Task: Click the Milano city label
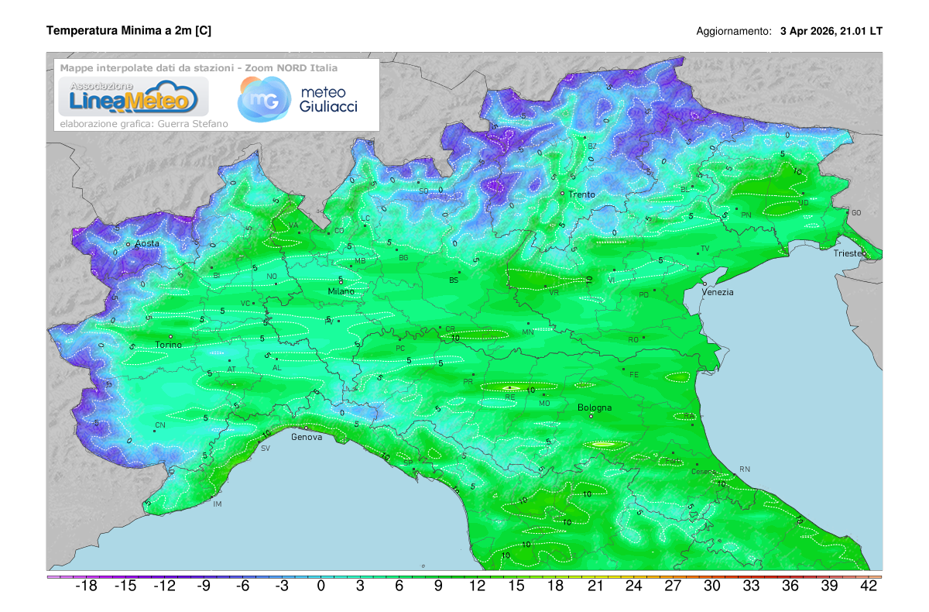341,291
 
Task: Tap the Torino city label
169,345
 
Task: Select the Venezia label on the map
718,292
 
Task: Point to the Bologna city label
595,407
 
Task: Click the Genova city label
307,437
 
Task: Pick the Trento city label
581,194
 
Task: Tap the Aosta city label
147,243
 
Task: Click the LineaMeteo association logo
133,97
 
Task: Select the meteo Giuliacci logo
298,99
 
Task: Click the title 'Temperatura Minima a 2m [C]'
129,31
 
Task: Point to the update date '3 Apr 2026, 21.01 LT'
831,32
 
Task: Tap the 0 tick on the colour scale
321,586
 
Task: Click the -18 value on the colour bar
85,586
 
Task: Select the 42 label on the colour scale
869,586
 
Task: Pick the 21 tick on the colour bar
595,586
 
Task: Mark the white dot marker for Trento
562,193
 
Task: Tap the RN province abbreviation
745,469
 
